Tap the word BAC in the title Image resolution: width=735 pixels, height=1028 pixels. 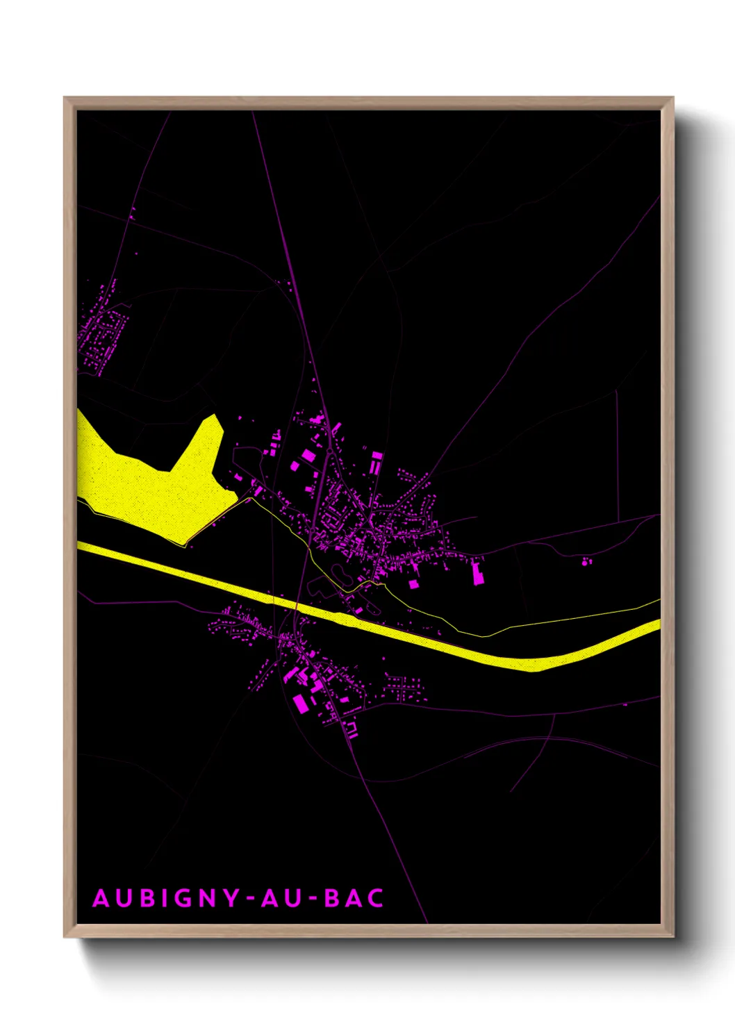click(354, 898)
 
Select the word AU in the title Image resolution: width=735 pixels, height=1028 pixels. click(282, 898)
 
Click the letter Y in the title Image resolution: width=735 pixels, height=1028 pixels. click(232, 898)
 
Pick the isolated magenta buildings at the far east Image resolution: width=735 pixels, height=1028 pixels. click(586, 561)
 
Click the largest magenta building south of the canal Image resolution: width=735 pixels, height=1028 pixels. click(300, 704)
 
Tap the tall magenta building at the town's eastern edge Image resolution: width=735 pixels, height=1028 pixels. click(478, 574)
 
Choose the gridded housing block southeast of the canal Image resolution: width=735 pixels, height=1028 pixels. click(404, 688)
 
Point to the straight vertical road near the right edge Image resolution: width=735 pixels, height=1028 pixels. click(618, 451)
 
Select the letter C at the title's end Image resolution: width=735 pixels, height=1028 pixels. click(376, 898)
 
